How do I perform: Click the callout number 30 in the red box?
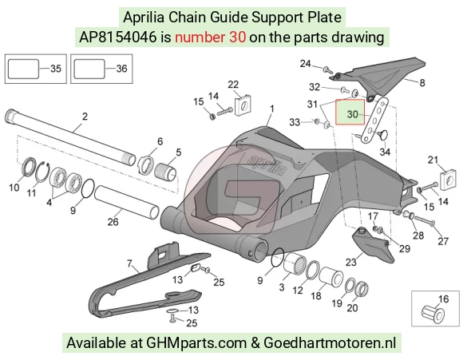pos(352,114)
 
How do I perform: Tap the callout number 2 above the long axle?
pos(85,117)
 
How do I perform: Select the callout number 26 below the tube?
pos(113,222)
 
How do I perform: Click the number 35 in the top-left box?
pos(56,69)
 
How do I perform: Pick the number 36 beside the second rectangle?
pos(121,69)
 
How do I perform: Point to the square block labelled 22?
pos(243,105)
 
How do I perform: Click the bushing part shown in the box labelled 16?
pos(433,315)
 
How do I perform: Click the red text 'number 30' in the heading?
pos(210,38)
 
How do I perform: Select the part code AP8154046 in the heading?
pos(117,38)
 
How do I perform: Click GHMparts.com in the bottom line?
pos(196,343)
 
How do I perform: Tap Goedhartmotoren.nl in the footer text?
pos(330,343)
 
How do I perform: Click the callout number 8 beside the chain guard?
pos(422,83)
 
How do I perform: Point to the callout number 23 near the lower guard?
pos(351,262)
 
